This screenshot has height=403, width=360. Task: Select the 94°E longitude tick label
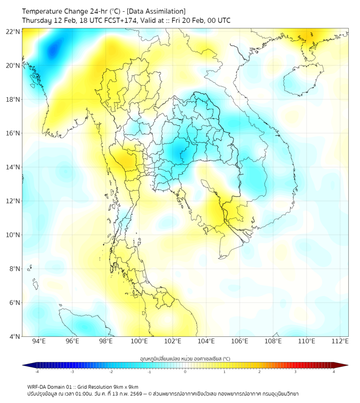39,342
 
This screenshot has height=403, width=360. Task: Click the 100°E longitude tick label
139,342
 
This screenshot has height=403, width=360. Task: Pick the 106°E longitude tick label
240,342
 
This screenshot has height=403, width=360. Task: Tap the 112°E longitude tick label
340,342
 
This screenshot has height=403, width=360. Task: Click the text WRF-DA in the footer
38,386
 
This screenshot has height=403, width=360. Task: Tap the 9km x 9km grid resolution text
121,386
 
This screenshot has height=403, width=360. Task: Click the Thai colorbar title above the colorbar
185,359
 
